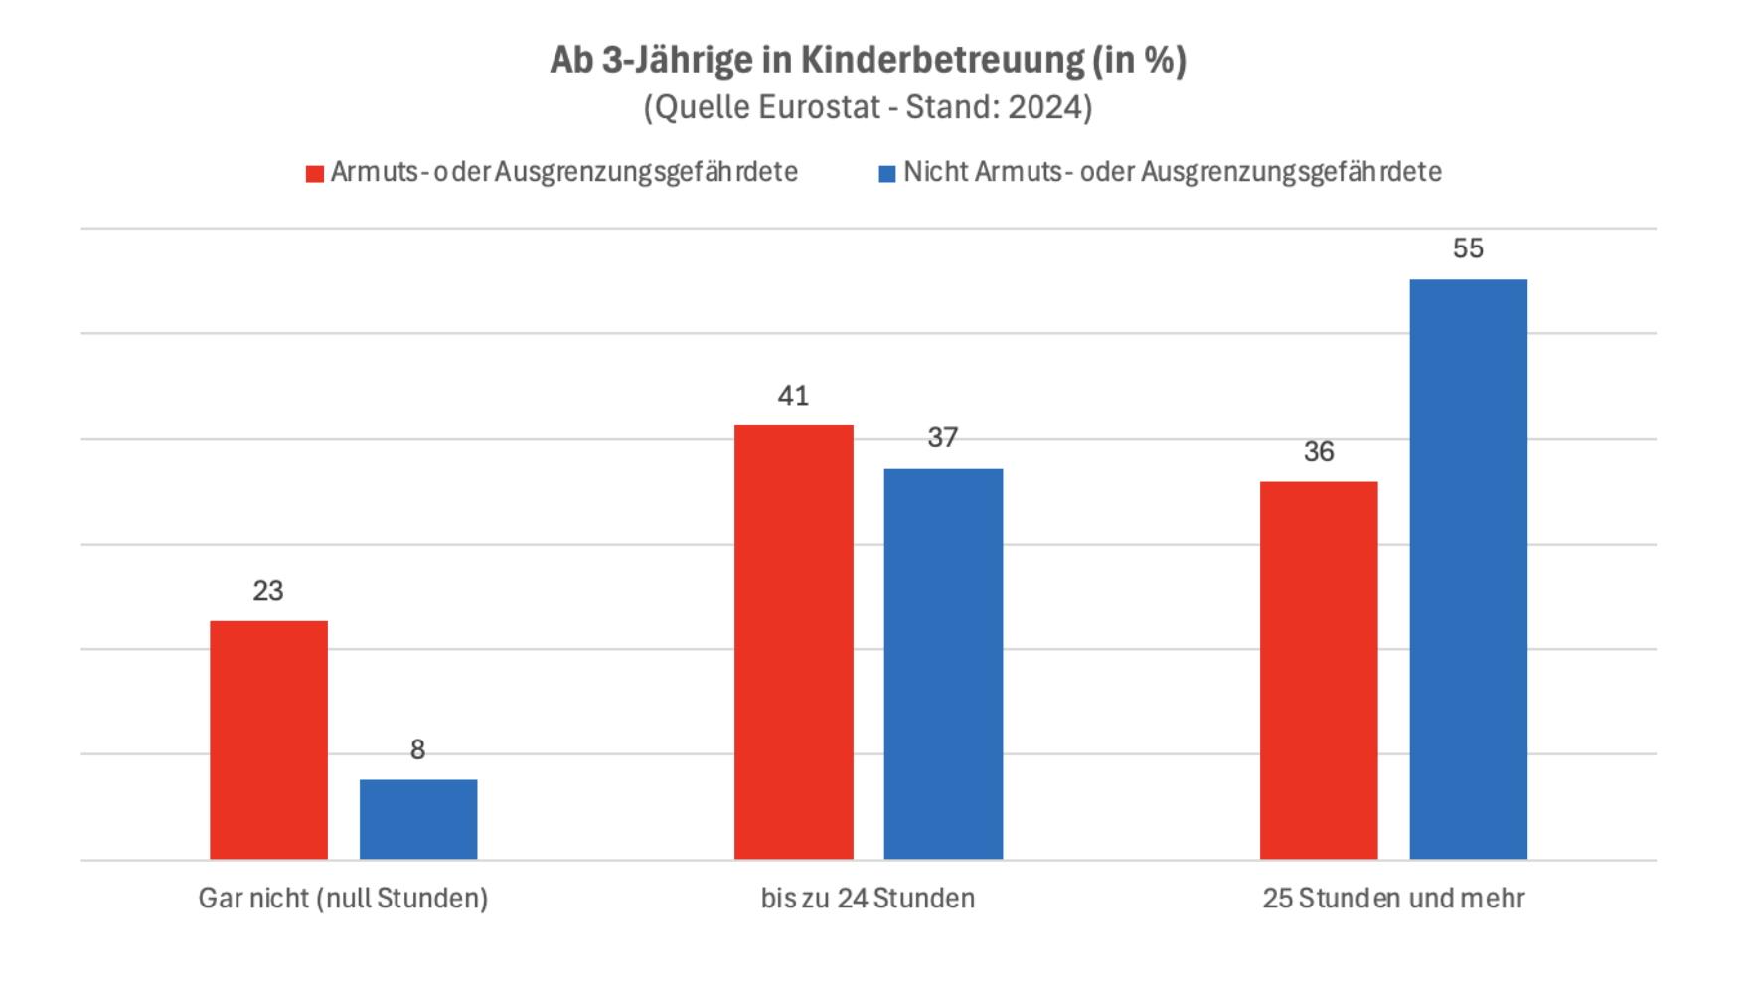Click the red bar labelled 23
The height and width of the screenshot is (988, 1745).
[x=268, y=740]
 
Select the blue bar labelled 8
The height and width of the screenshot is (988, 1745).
[x=417, y=819]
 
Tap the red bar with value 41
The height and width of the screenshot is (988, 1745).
[x=793, y=642]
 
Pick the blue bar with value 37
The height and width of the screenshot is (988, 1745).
[x=943, y=664]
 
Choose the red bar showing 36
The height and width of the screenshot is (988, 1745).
[x=1319, y=670]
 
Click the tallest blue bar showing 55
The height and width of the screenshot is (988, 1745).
[x=1468, y=569]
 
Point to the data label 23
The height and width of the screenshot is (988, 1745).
[x=268, y=591]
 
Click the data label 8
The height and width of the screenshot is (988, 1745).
[x=417, y=750]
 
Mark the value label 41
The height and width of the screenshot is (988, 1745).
[x=793, y=396]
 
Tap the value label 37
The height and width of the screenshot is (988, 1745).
[x=943, y=437]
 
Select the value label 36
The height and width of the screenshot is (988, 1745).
[x=1319, y=452]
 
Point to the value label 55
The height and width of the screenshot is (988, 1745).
[x=1468, y=248]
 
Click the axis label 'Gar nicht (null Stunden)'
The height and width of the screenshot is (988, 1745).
[x=343, y=899]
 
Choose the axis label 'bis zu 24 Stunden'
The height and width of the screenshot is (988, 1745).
[x=868, y=899]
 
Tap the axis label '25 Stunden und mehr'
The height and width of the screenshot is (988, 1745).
[x=1393, y=899]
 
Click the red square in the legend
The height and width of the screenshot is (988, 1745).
[x=315, y=174]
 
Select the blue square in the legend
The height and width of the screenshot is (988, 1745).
[x=887, y=174]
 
